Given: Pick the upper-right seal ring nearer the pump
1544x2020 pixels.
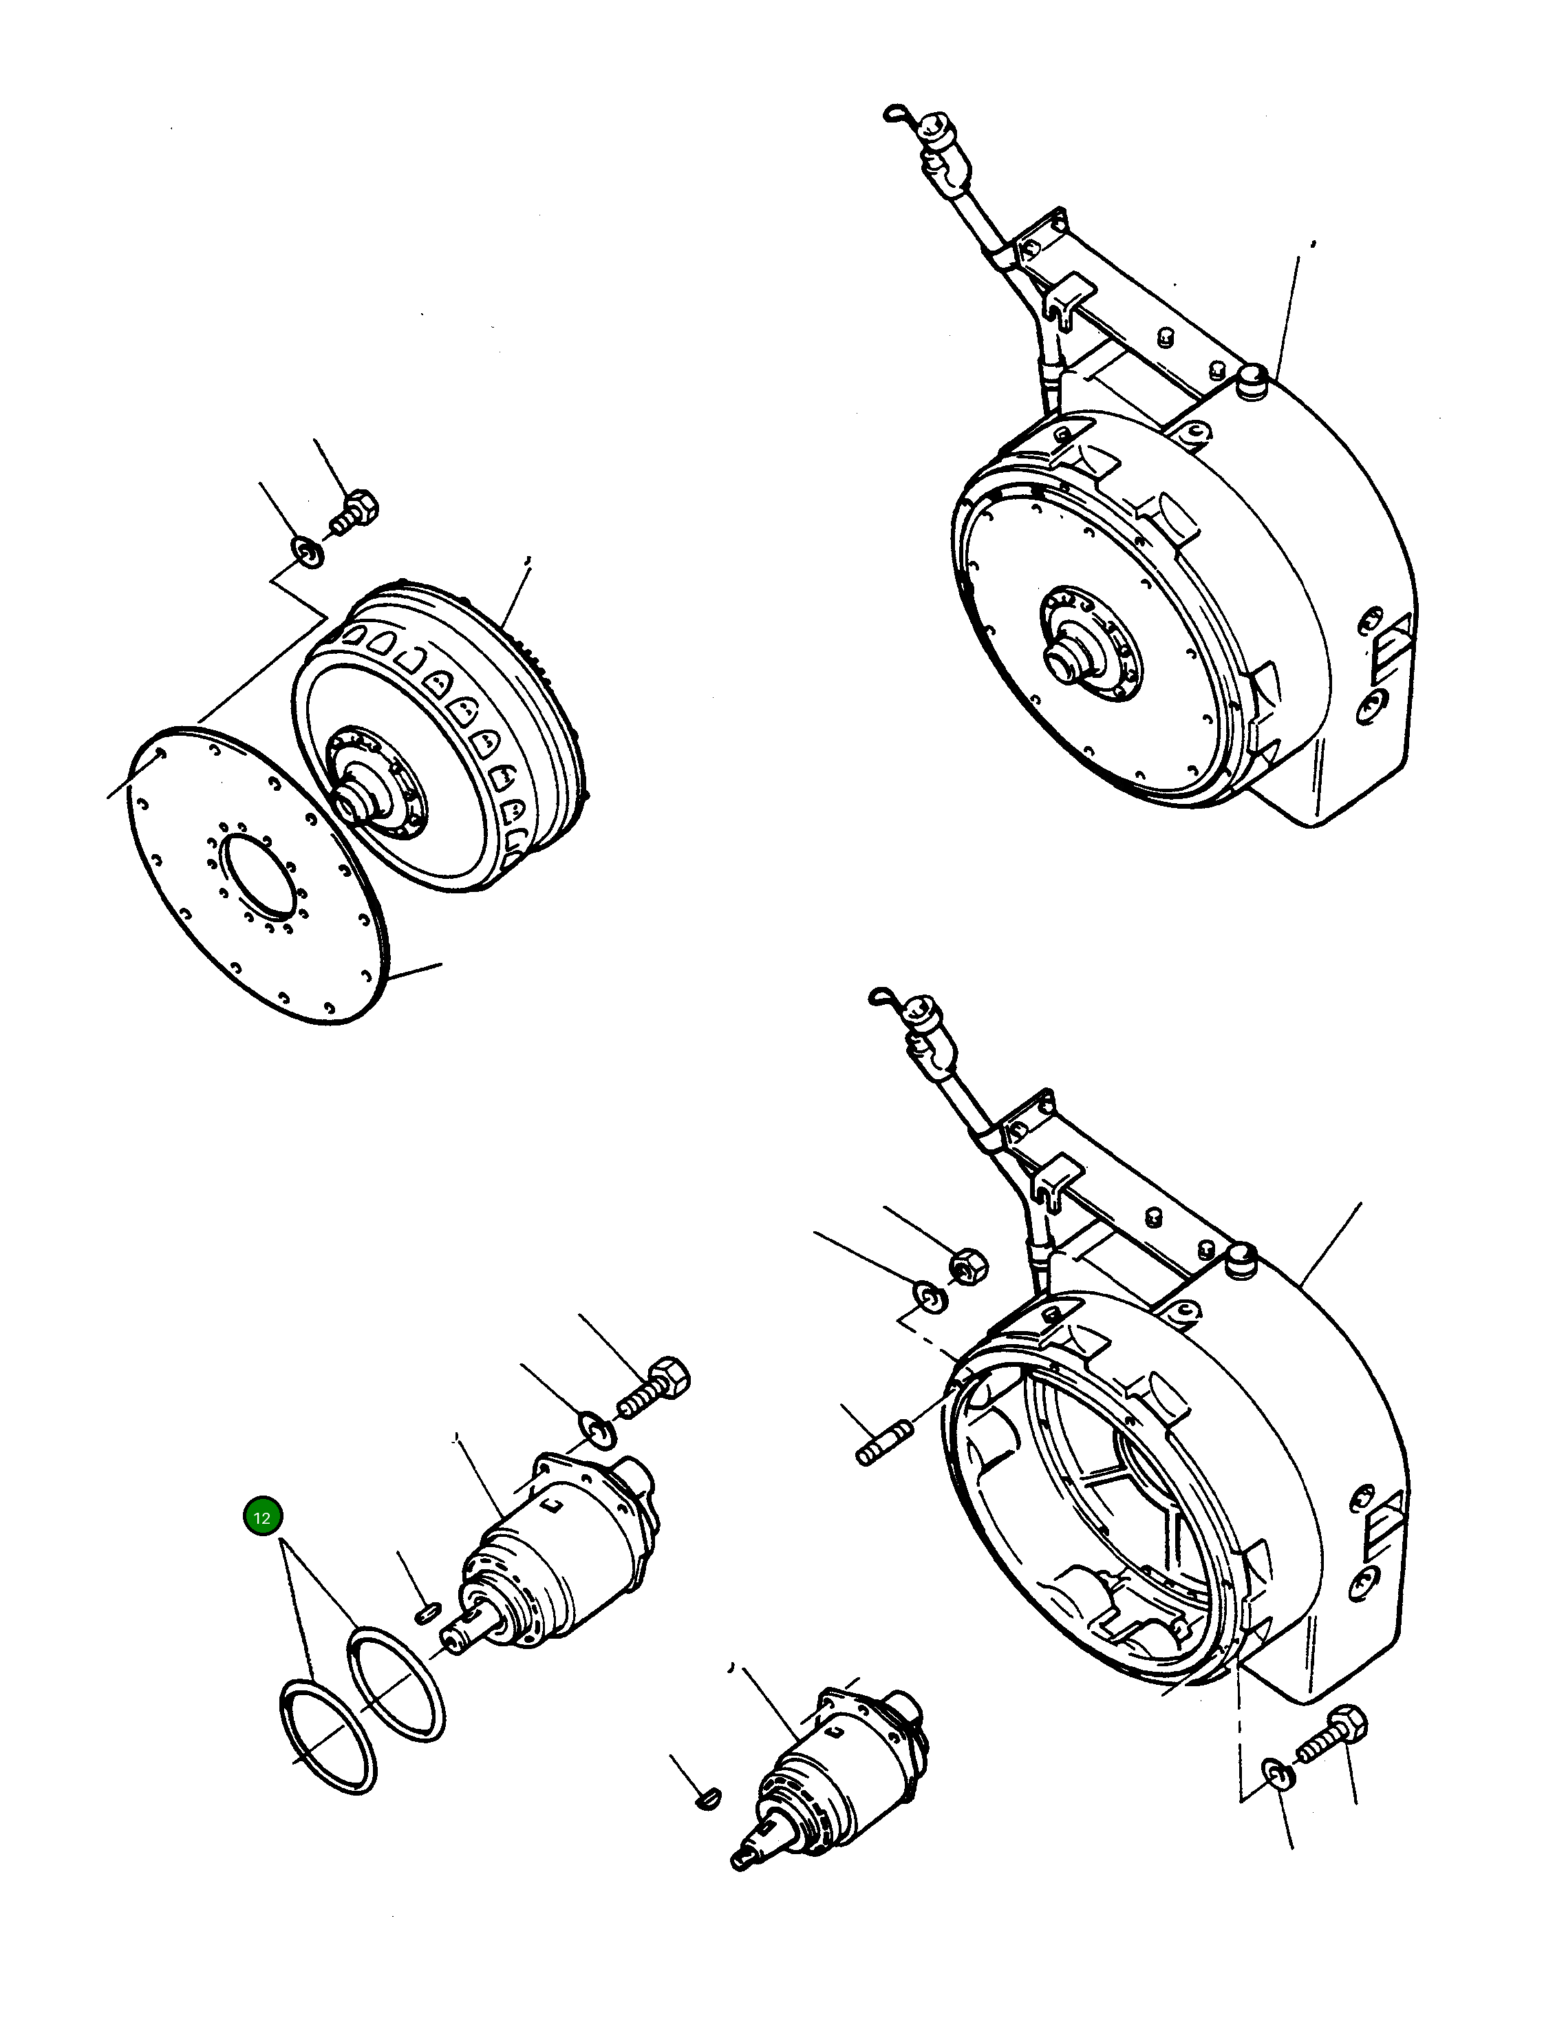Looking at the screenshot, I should pos(397,1683).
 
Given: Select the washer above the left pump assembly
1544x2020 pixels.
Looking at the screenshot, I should pos(599,1429).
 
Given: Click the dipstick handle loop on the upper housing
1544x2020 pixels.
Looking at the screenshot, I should pos(896,114).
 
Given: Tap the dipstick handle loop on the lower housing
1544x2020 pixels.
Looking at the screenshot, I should pos(879,996).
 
